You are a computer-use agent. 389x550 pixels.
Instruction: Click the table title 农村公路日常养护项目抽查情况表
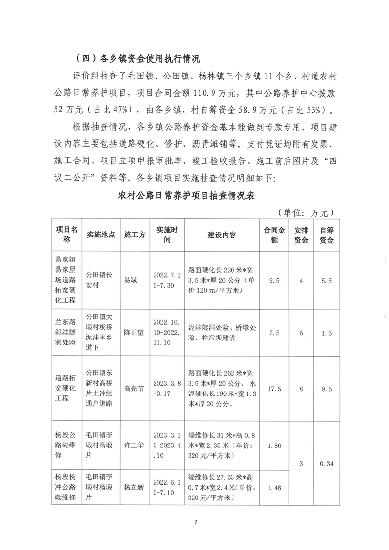(194, 195)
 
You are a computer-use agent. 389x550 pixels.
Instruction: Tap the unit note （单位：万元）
(305, 212)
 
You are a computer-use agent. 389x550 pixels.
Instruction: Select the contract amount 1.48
(275, 487)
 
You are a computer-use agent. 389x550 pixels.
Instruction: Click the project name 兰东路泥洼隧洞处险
(67, 333)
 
